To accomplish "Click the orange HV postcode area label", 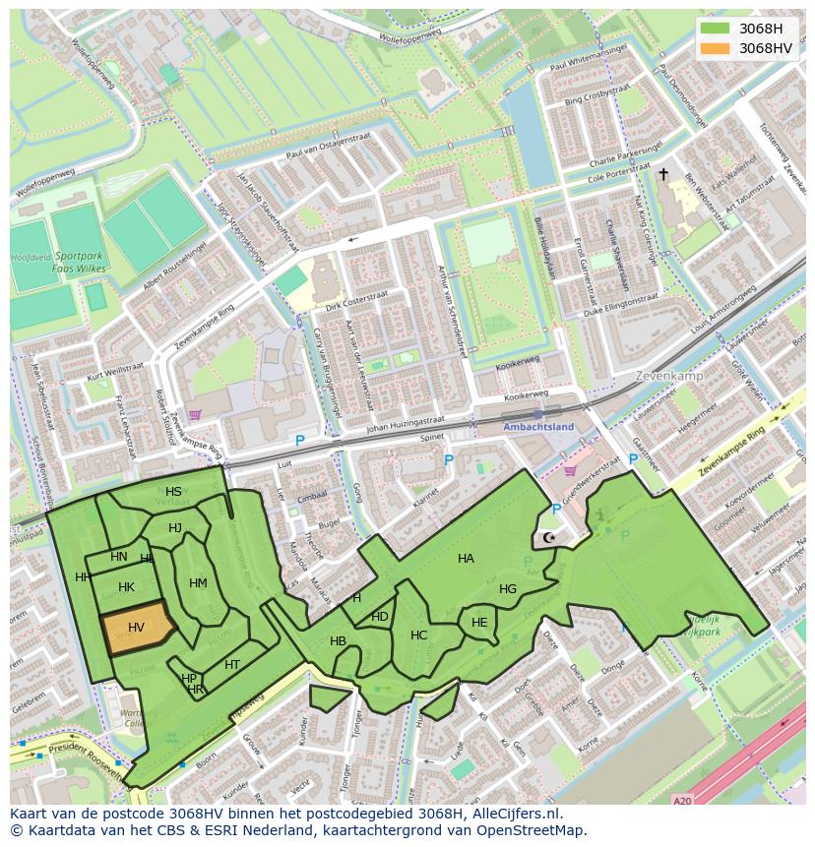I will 136,627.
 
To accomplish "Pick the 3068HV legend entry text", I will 766,48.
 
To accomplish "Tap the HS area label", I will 173,492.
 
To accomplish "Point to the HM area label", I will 198,583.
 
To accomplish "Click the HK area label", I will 126,587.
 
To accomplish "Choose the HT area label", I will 232,665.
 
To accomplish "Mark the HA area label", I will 466,559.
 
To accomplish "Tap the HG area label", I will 508,589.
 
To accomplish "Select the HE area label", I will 479,623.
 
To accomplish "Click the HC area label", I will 419,635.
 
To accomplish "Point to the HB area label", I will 338,641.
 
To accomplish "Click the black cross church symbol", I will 662,174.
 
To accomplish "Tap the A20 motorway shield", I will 682,801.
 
